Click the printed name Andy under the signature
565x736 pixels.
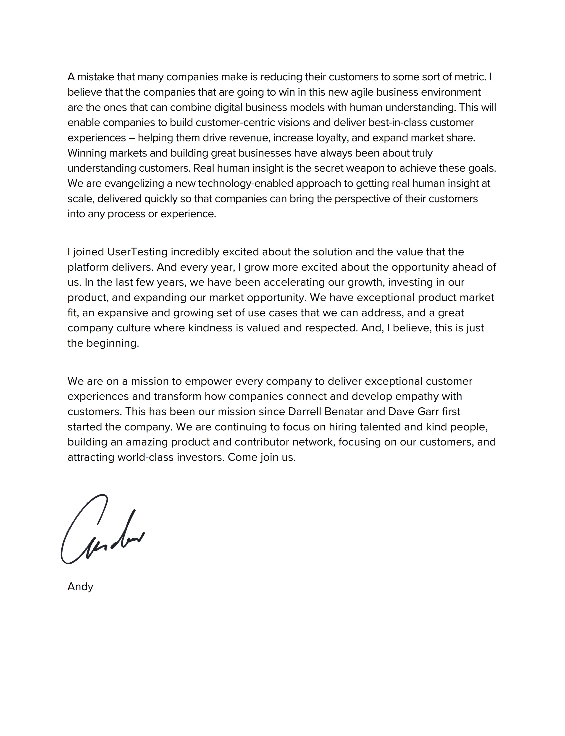point(80,587)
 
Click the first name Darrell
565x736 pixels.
point(304,411)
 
